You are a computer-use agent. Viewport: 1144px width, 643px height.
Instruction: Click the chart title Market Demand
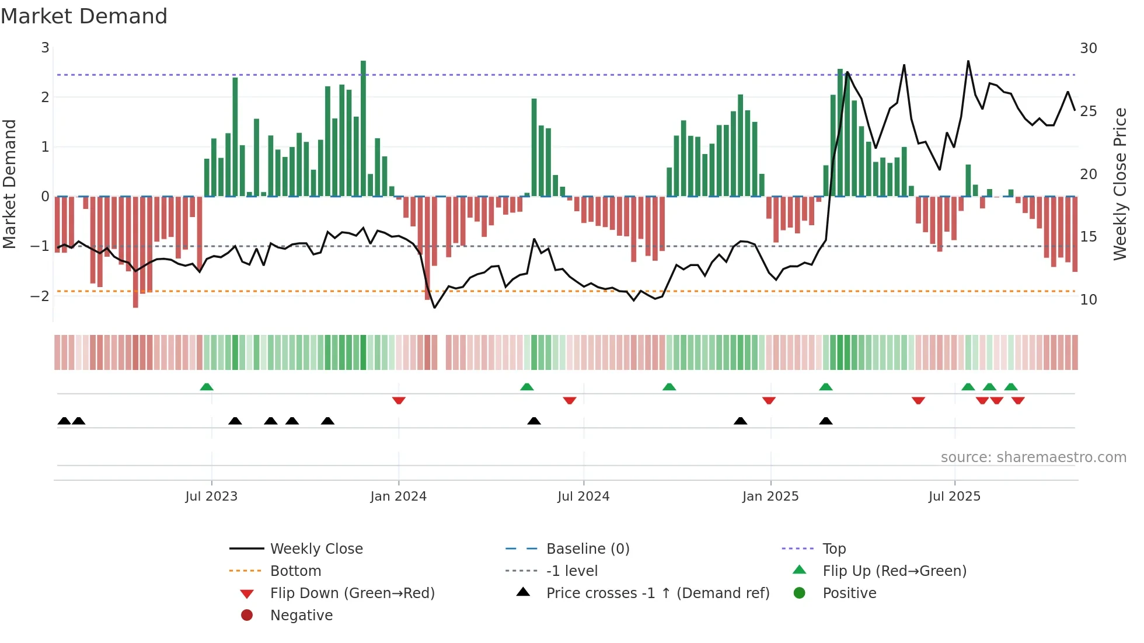click(x=84, y=16)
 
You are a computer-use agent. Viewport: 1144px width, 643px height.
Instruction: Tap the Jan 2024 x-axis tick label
click(x=398, y=497)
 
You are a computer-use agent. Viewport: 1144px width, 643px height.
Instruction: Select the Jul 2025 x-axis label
click(x=954, y=497)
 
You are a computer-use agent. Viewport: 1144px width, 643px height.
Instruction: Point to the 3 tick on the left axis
click(x=45, y=48)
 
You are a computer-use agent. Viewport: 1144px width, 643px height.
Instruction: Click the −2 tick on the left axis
click(x=40, y=296)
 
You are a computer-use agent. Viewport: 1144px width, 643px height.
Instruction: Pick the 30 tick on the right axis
click(x=1088, y=48)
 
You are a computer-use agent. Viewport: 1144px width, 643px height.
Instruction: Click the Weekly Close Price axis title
click(x=1119, y=184)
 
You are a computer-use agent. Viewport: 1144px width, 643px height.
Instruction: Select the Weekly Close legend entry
click(x=316, y=549)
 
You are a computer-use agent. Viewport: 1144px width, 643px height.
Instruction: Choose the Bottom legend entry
click(x=295, y=571)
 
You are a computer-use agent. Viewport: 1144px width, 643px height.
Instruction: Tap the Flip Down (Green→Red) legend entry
click(x=352, y=593)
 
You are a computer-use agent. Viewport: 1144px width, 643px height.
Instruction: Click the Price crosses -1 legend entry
click(x=657, y=593)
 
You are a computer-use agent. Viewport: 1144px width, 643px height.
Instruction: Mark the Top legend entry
click(x=833, y=549)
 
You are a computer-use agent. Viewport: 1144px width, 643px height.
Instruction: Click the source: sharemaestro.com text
click(x=1033, y=457)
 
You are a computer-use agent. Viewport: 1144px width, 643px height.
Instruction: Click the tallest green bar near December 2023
click(x=363, y=128)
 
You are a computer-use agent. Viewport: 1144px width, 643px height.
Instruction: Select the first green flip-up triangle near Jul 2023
click(x=207, y=387)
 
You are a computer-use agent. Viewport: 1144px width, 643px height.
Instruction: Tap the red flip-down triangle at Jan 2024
click(x=399, y=400)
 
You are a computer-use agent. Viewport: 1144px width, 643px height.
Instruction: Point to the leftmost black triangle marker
click(x=64, y=421)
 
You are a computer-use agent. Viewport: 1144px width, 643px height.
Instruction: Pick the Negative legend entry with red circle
click(x=301, y=616)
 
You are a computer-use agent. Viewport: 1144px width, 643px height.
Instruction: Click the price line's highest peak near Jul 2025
click(x=968, y=62)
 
